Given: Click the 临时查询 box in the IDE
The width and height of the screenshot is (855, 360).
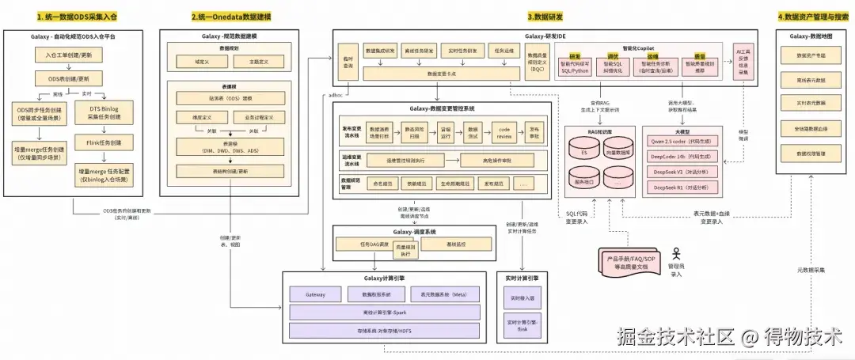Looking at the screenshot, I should click(x=348, y=65).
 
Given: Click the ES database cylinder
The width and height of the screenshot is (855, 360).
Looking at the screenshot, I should click(x=583, y=153).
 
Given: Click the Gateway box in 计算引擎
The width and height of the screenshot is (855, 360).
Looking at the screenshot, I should click(x=314, y=294).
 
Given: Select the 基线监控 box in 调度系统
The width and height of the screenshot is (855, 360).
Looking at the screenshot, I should click(x=450, y=244).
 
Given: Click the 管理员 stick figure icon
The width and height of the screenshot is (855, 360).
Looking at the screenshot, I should click(x=675, y=254).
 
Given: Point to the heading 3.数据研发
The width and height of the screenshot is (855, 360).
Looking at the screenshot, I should click(x=545, y=17).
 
